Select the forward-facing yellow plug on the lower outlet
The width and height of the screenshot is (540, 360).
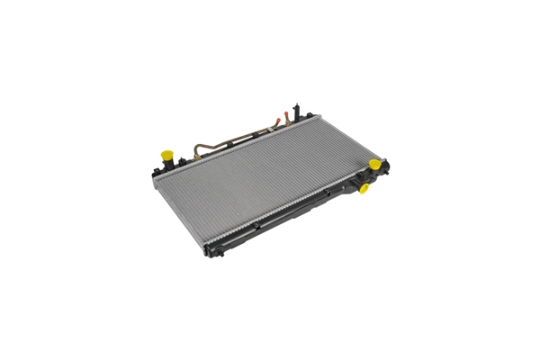pyautogui.click(x=364, y=188)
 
